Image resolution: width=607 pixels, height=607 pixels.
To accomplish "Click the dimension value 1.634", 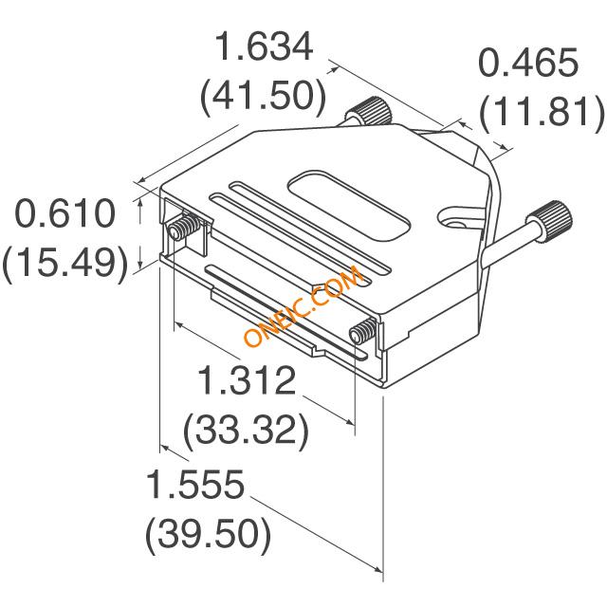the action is (x=265, y=46).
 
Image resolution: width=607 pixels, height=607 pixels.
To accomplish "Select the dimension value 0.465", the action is (x=528, y=63).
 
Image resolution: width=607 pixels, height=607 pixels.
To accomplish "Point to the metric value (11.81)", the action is (x=542, y=112).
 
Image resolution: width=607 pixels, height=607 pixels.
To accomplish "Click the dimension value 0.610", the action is (x=65, y=212).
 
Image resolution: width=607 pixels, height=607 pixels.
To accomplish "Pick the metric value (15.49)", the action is (x=65, y=262).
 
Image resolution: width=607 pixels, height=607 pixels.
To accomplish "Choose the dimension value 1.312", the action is (x=247, y=379).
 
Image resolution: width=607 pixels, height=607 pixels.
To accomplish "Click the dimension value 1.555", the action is (x=195, y=484).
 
